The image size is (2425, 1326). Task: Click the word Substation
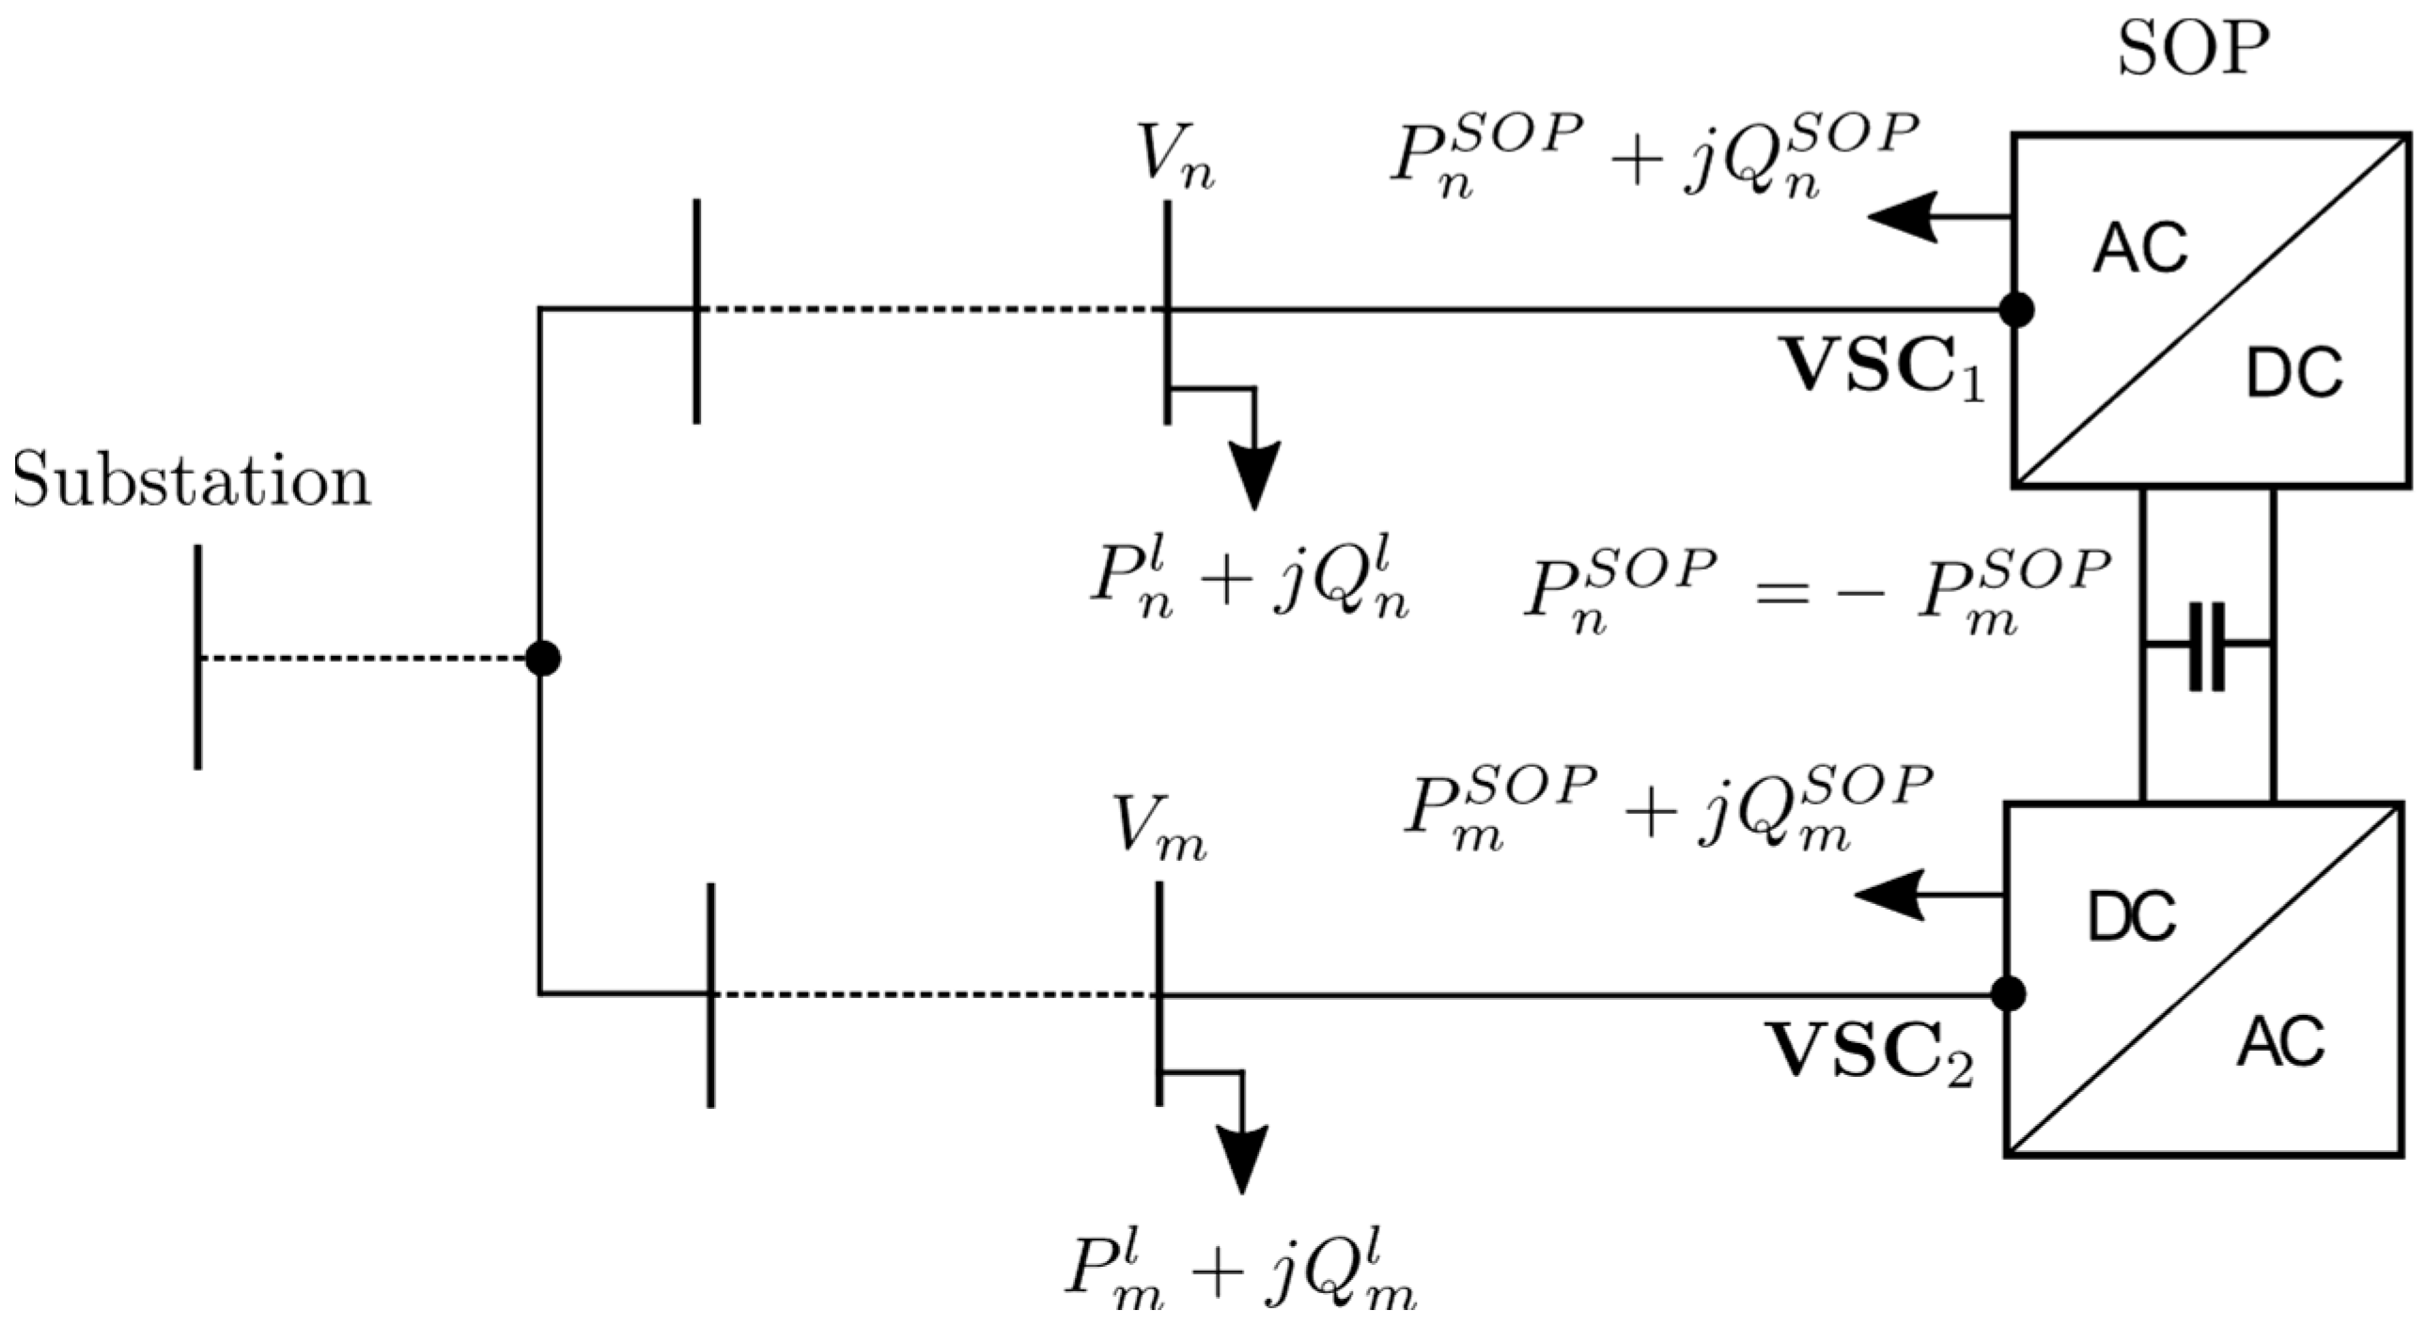click(192, 483)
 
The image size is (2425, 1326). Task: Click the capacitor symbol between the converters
click(2207, 646)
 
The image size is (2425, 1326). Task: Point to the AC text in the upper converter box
click(2139, 251)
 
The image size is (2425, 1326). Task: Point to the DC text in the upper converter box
click(2293, 374)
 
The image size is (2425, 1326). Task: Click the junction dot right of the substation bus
click(542, 658)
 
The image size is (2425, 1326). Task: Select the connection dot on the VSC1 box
click(2016, 309)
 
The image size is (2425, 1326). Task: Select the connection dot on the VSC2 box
click(2009, 993)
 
